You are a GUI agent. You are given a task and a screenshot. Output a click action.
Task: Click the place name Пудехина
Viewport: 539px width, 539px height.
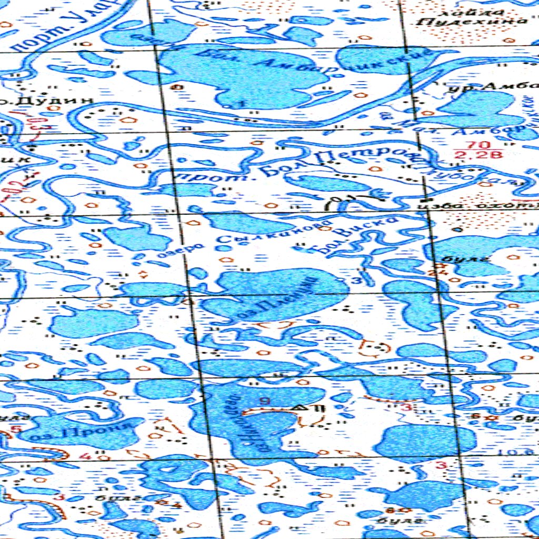click(471, 22)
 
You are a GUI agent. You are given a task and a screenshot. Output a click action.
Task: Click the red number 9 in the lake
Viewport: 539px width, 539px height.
click(264, 401)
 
